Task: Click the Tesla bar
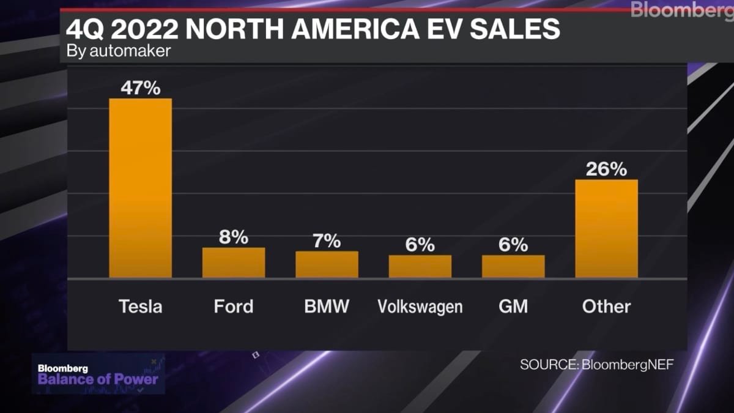click(140, 188)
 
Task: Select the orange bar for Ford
click(234, 262)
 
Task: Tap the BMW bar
click(327, 264)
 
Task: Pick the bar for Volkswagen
click(420, 266)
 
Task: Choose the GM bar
click(513, 266)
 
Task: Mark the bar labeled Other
click(606, 228)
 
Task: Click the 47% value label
click(140, 87)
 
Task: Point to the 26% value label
click(606, 169)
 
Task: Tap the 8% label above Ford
click(234, 237)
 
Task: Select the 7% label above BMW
click(327, 240)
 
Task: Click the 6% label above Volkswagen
click(420, 245)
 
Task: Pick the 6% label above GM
click(513, 245)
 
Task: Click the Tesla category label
click(140, 306)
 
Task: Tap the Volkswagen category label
click(420, 306)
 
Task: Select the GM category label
click(513, 306)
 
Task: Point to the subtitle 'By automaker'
click(118, 51)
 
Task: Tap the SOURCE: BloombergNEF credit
click(596, 365)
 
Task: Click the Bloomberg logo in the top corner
click(682, 10)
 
